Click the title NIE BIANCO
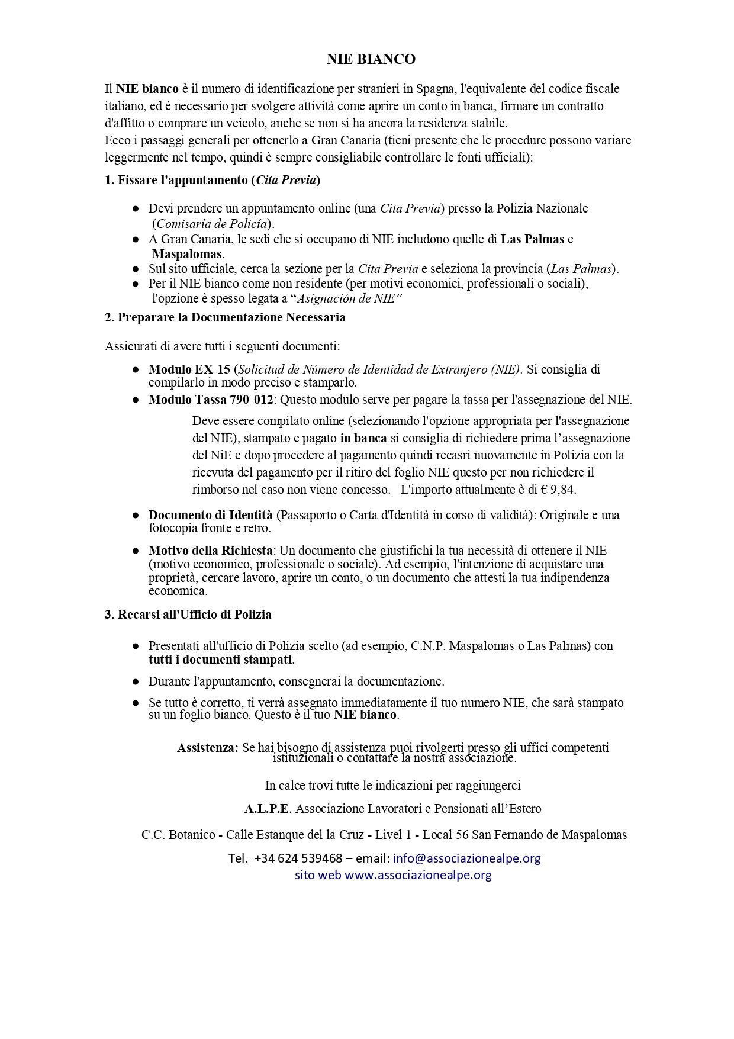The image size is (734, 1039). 371,59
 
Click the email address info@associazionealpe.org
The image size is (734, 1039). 466,858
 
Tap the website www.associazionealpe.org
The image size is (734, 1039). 418,875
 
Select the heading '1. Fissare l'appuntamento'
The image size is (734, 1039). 212,181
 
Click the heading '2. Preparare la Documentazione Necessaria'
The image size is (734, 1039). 225,317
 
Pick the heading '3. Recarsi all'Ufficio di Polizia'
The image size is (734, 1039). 188,615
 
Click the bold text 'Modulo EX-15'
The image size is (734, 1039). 189,369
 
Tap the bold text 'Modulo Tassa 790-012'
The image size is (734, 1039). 211,400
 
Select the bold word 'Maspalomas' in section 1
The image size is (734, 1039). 187,254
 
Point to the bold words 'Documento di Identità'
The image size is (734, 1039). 210,515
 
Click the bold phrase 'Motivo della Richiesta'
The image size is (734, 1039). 210,550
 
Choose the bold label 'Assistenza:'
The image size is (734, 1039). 207,748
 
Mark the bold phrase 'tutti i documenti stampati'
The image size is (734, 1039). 220,660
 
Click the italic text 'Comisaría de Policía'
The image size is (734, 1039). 212,224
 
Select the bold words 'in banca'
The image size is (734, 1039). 363,438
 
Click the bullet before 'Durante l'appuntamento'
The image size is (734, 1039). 136,681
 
